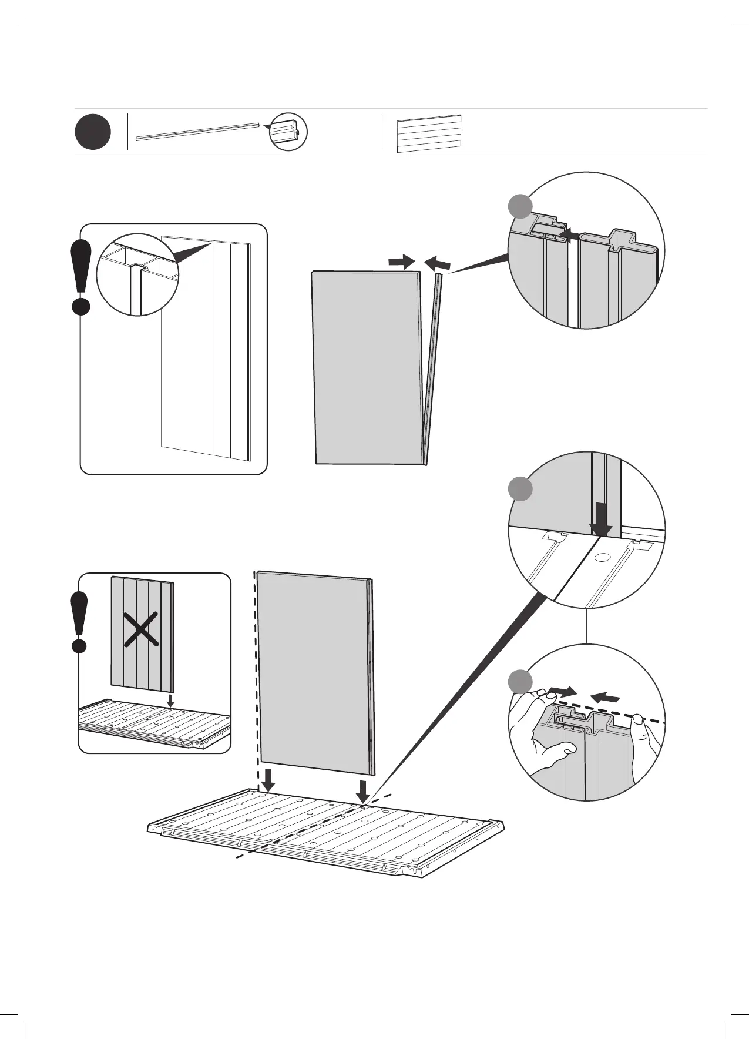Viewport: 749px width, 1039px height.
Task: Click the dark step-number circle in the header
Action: pyautogui.click(x=93, y=132)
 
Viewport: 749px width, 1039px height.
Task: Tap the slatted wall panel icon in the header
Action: pyautogui.click(x=428, y=133)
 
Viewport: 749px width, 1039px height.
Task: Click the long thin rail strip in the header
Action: pyautogui.click(x=197, y=132)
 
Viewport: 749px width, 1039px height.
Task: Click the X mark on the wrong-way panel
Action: pyautogui.click(x=142, y=629)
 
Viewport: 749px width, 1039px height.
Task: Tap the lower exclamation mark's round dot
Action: pyautogui.click(x=79, y=646)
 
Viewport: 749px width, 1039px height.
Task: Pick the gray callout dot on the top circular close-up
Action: pyautogui.click(x=520, y=207)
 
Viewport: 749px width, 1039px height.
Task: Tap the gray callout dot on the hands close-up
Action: pyautogui.click(x=520, y=681)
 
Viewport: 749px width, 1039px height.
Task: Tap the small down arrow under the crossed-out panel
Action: pyautogui.click(x=170, y=700)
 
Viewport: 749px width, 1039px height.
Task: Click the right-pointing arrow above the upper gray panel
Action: pyautogui.click(x=402, y=262)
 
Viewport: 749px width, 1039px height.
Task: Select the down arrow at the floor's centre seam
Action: pyautogui.click(x=364, y=790)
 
